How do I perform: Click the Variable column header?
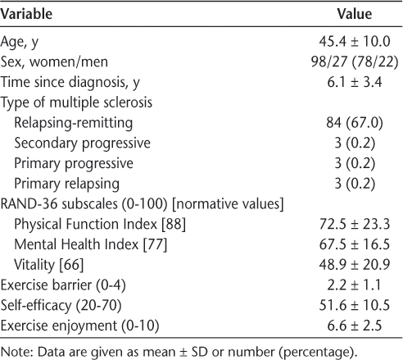point(26,14)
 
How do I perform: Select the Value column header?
point(355,14)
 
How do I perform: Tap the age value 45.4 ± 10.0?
point(355,42)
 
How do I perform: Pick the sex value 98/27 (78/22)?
point(355,62)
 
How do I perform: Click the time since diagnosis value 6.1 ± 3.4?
point(355,82)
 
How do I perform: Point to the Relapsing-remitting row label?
point(74,123)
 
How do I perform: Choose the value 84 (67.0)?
point(355,123)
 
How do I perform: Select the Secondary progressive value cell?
point(355,143)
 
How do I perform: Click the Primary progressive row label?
point(74,163)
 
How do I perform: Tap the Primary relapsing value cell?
point(355,184)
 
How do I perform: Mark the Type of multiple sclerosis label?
point(76,103)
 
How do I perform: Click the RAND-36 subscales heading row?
point(142,204)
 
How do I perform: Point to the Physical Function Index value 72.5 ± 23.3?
point(355,224)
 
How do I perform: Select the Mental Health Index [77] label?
point(91,244)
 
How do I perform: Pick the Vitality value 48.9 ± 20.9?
point(355,264)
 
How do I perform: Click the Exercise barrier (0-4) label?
point(63,285)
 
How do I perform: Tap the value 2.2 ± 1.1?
point(355,285)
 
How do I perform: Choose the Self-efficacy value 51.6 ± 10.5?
point(355,305)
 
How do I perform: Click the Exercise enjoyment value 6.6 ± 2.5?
point(355,326)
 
